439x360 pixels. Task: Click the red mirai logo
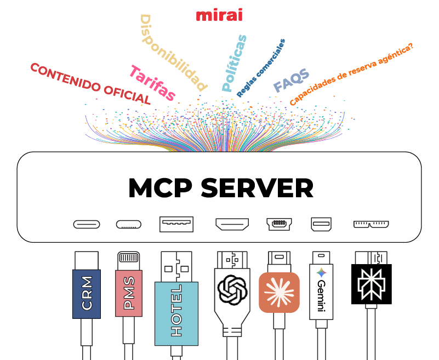[219, 15]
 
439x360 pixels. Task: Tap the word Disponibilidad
[173, 53]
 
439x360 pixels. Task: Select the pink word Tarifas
[152, 83]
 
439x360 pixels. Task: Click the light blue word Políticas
[235, 62]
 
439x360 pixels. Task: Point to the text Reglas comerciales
[261, 68]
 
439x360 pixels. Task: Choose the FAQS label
[291, 81]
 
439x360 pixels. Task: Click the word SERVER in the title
[257, 188]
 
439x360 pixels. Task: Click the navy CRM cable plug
[87, 294]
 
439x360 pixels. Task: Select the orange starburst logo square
[279, 292]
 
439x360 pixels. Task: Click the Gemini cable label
[321, 293]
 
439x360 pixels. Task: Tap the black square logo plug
[372, 284]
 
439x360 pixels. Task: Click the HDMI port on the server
[232, 224]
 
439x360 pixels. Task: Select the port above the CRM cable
[87, 224]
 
